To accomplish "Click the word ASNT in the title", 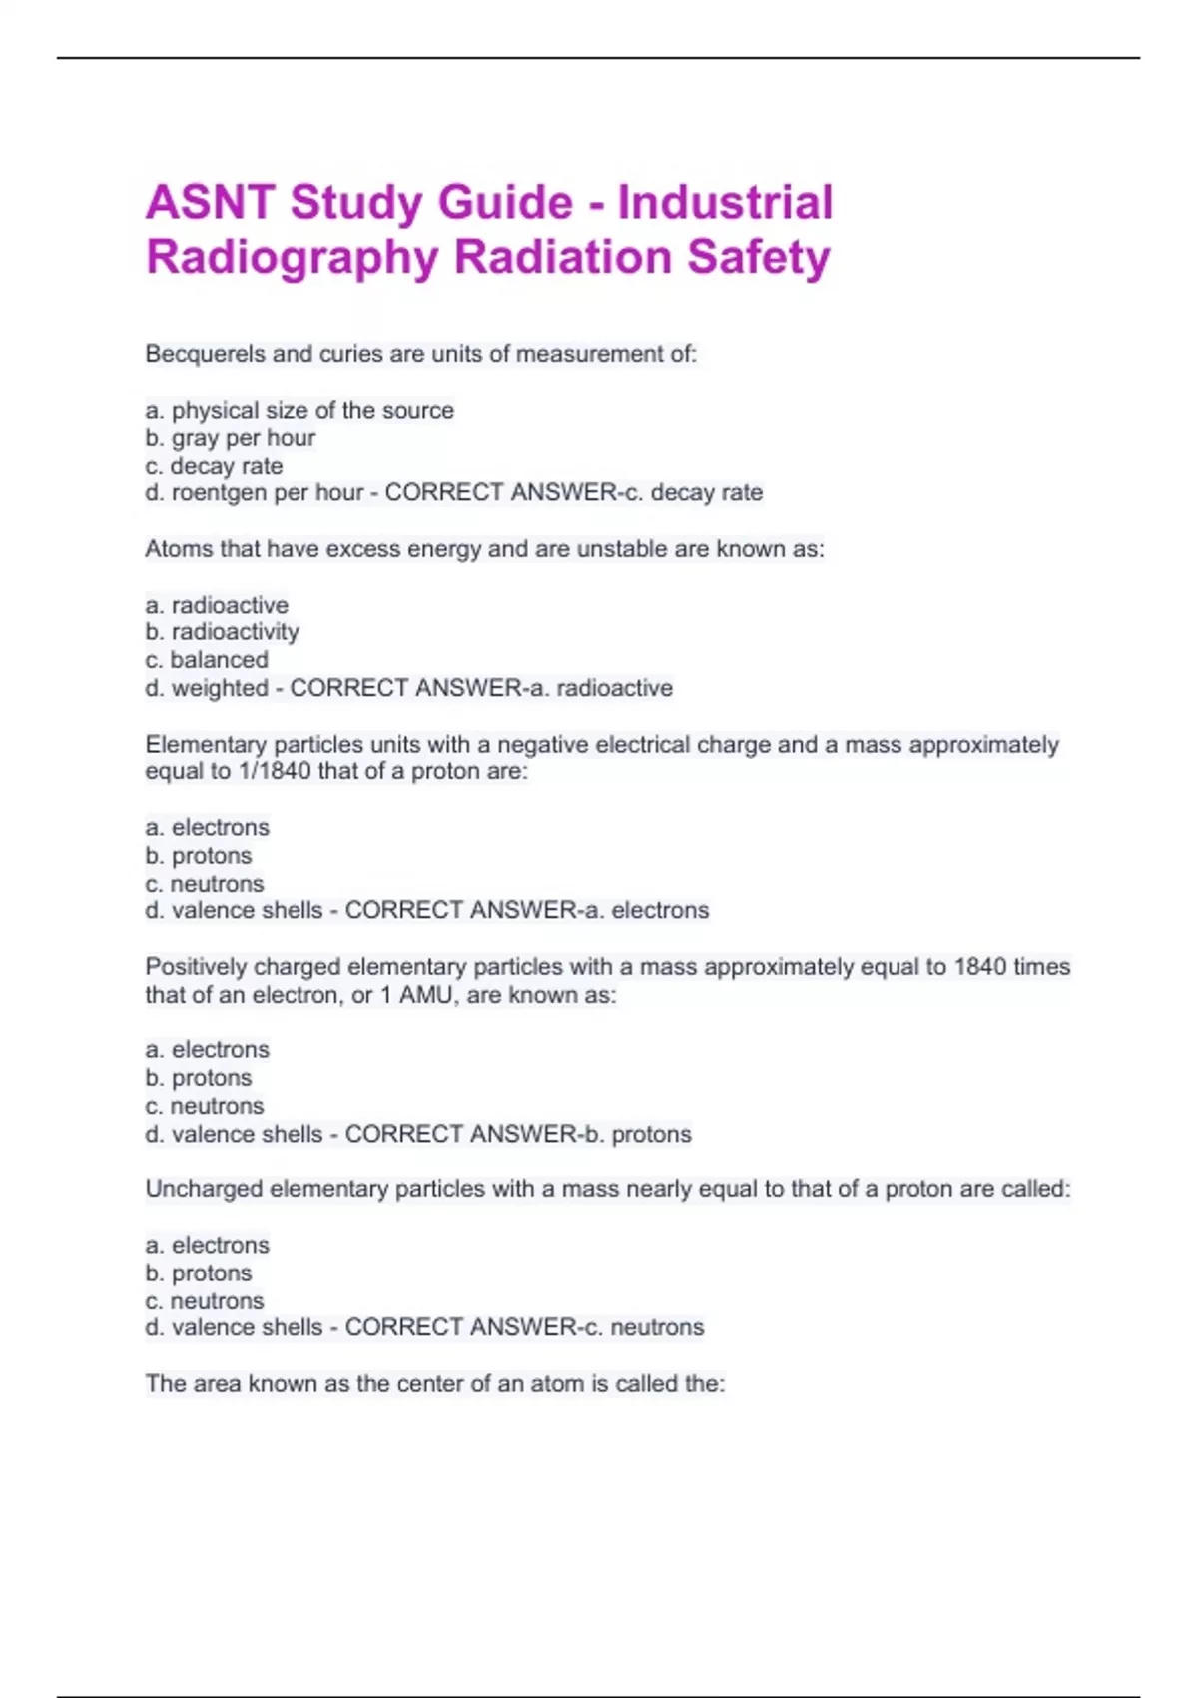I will [210, 203].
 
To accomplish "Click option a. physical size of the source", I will [299, 410].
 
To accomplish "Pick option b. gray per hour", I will [231, 437].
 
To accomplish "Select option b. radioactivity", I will [223, 631].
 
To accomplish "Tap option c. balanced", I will [207, 659].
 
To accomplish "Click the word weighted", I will [220, 688].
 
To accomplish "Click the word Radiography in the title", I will [293, 257].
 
